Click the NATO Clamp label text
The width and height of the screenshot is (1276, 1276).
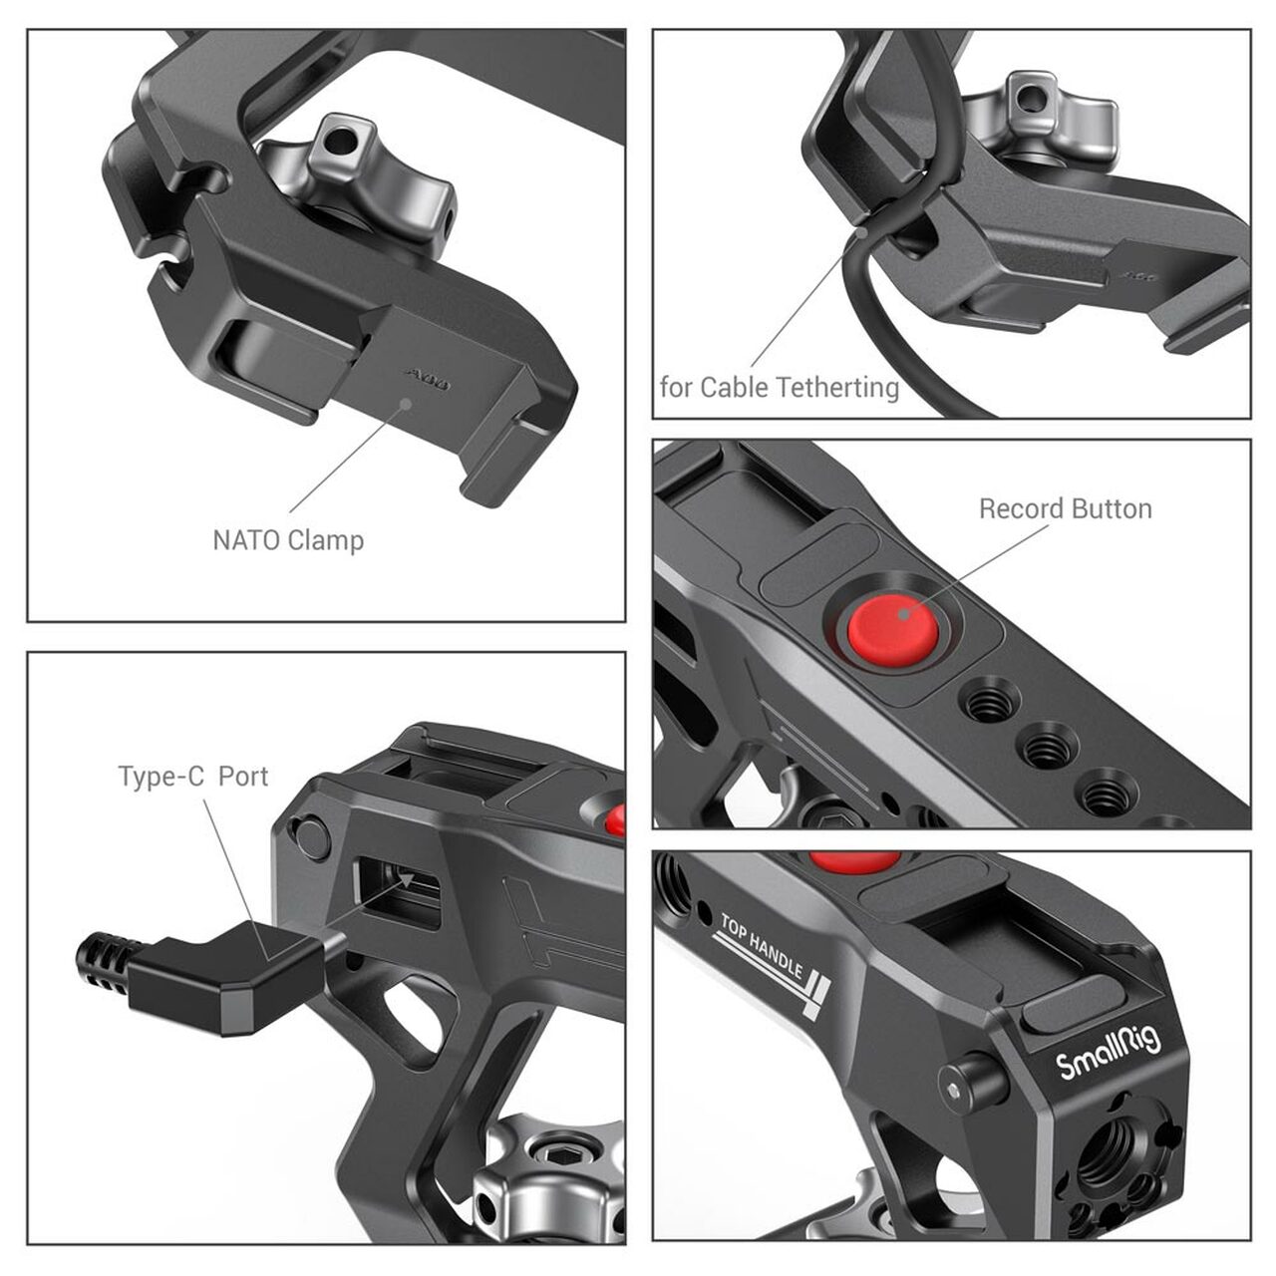tap(288, 540)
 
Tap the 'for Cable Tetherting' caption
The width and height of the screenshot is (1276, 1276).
tap(780, 388)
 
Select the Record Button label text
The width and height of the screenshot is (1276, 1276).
tap(1066, 508)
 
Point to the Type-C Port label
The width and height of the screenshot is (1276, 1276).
tap(193, 776)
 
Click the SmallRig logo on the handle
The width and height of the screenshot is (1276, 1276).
tap(1109, 1054)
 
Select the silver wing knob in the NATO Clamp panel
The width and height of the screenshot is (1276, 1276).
tap(361, 182)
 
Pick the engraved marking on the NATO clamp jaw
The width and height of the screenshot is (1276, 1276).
tap(428, 380)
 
